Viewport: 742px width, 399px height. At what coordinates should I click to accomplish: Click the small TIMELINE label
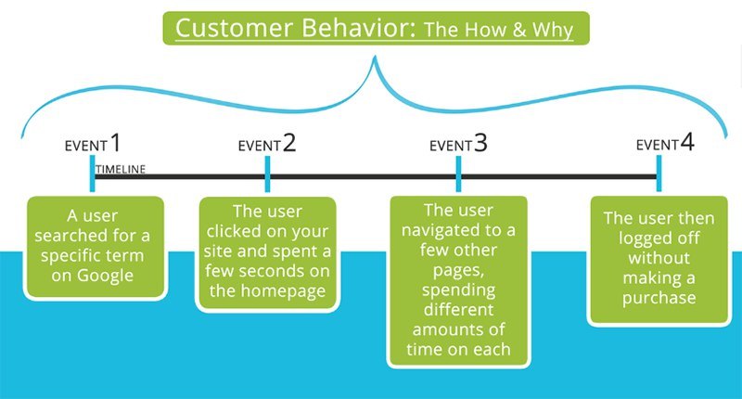point(121,168)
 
